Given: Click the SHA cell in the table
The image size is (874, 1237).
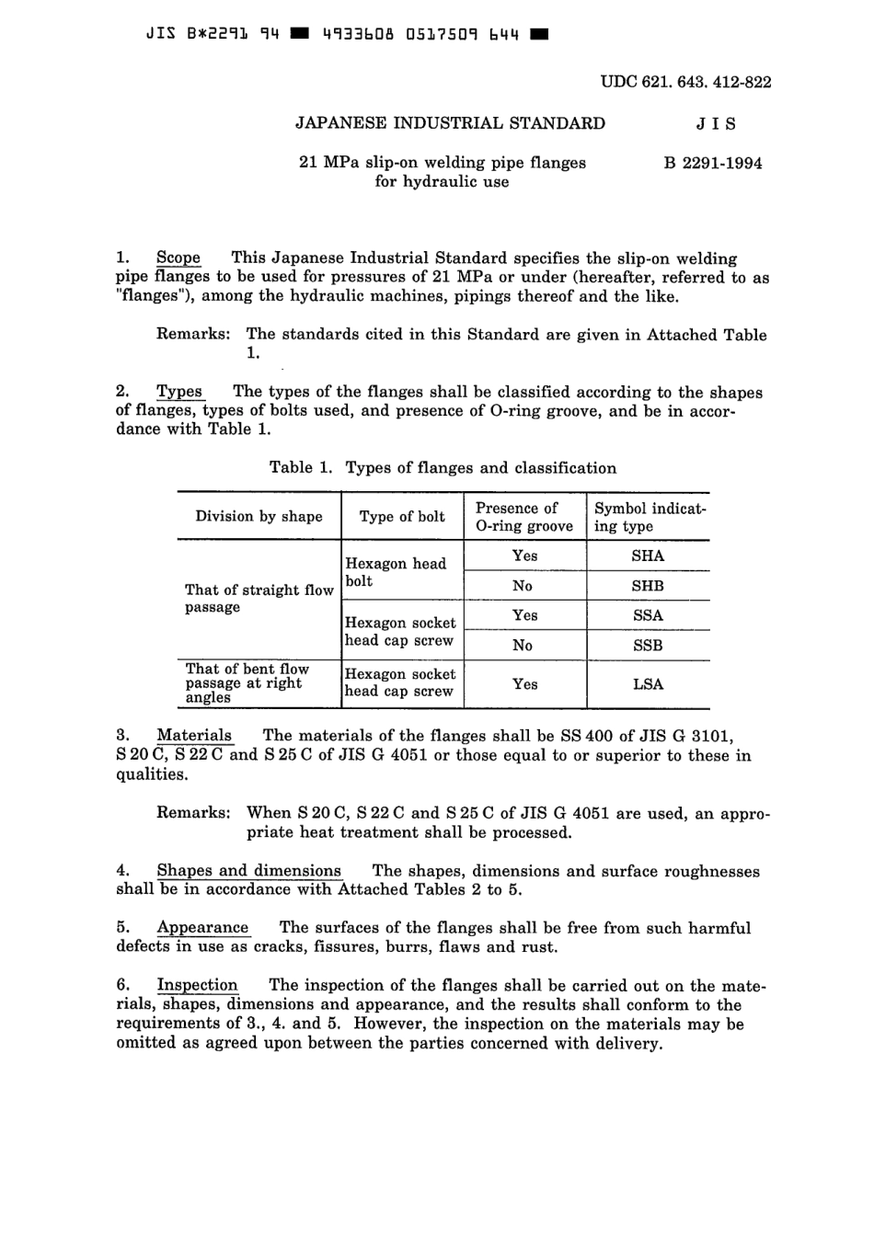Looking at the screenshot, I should pyautogui.click(x=648, y=556).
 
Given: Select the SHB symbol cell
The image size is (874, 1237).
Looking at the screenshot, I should pyautogui.click(x=648, y=586).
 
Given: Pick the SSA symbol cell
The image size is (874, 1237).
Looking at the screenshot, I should pyautogui.click(x=648, y=615).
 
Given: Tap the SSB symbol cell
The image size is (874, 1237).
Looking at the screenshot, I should pyautogui.click(x=648, y=646).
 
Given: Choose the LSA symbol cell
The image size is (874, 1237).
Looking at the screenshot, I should pyautogui.click(x=648, y=684).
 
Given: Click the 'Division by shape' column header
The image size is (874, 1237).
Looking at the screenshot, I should pyautogui.click(x=259, y=516).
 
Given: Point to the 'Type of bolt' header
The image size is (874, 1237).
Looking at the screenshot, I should pyautogui.click(x=402, y=516).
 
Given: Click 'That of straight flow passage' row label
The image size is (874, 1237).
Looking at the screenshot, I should pyautogui.click(x=259, y=598).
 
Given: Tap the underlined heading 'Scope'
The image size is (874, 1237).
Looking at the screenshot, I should pyautogui.click(x=178, y=258).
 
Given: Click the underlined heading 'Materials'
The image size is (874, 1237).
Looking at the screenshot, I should pyautogui.click(x=194, y=736).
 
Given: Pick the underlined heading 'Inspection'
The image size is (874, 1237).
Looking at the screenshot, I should pyautogui.click(x=197, y=985).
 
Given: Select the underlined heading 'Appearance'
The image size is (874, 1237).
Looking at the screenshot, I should pyautogui.click(x=202, y=928).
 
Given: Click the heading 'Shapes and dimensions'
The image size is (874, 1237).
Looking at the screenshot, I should pyautogui.click(x=248, y=871).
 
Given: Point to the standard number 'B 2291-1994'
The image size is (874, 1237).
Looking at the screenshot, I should pyautogui.click(x=713, y=164).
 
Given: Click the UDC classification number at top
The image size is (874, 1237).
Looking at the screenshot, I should pyautogui.click(x=685, y=82).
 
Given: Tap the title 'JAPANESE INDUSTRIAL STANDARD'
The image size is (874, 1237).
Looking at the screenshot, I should pyautogui.click(x=450, y=123).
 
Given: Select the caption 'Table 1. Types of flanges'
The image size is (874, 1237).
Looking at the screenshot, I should pyautogui.click(x=443, y=468).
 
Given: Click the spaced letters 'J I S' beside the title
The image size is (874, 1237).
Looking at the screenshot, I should pyautogui.click(x=717, y=124).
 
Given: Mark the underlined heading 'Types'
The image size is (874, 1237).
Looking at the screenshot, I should pyautogui.click(x=179, y=392).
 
